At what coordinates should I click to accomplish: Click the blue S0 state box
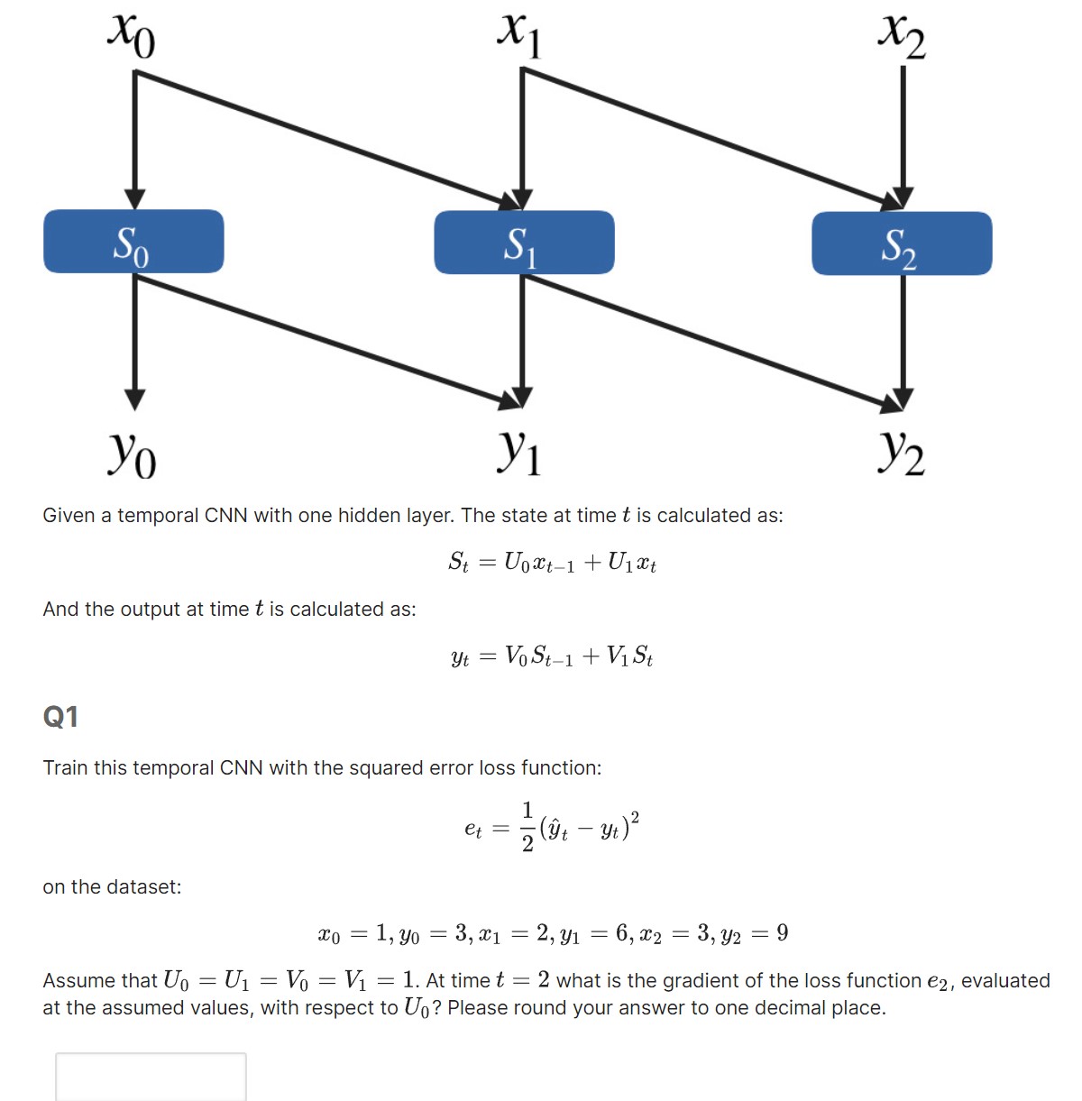click(133, 242)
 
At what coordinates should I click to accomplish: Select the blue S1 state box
click(524, 243)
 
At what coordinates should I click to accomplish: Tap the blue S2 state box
click(902, 243)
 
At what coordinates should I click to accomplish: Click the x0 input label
click(132, 34)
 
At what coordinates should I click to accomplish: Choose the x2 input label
click(902, 36)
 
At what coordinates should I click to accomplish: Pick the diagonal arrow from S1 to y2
click(712, 338)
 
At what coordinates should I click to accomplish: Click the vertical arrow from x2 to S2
click(903, 135)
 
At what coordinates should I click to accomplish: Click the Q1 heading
click(60, 717)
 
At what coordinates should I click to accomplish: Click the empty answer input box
click(151, 1076)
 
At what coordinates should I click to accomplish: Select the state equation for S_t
click(552, 563)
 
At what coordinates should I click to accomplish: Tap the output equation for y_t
click(552, 656)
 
